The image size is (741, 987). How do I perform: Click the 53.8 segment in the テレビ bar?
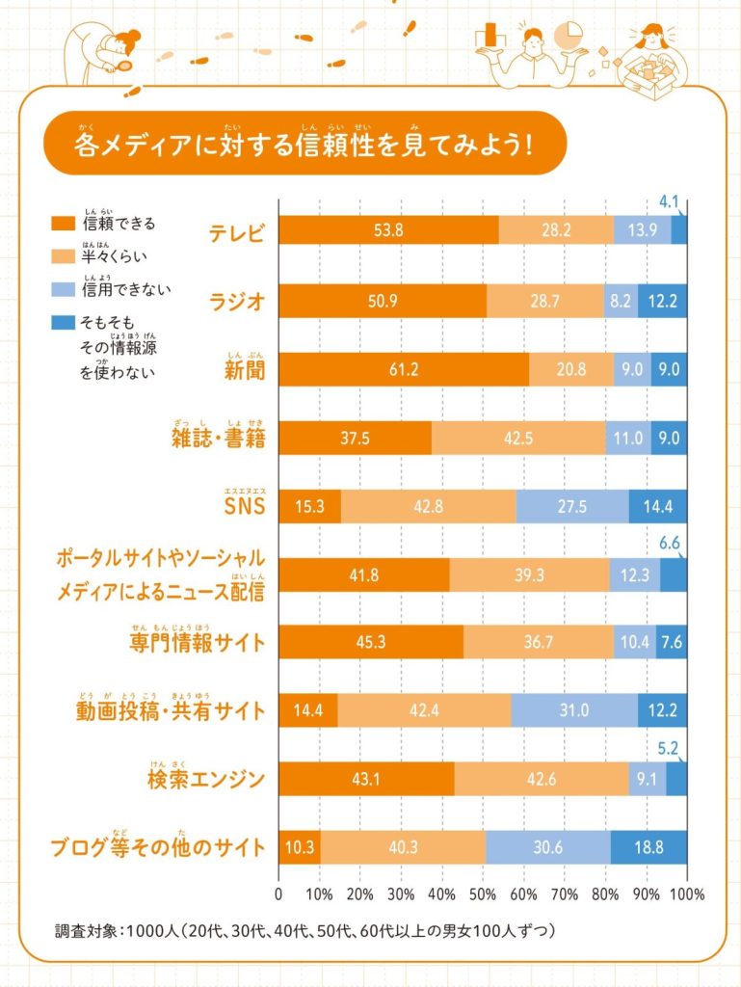pos(388,229)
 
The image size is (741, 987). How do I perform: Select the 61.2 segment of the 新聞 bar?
pos(404,369)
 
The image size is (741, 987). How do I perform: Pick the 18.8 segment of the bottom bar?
pos(648,847)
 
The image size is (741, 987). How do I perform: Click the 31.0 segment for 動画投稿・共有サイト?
pos(573,711)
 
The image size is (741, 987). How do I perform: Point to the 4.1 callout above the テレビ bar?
pos(670,202)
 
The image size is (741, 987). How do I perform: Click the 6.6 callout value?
pos(670,545)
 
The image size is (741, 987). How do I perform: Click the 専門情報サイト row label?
pos(197,643)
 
